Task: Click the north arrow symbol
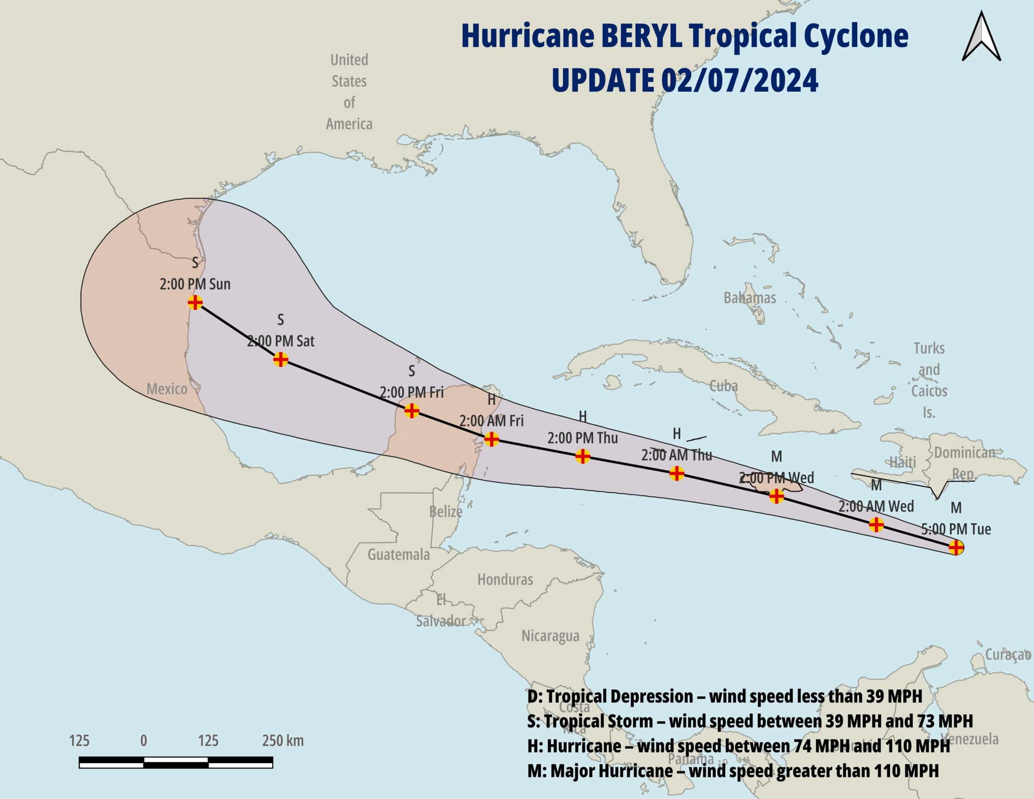[981, 37]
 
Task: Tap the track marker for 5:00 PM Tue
[956, 547]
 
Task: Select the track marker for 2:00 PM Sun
[195, 302]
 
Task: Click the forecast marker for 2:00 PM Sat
[281, 360]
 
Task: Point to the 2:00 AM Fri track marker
[492, 439]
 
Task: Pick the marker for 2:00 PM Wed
[776, 496]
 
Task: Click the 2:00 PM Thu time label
[582, 438]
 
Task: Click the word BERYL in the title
[642, 36]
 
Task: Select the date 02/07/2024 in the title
[739, 80]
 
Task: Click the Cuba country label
[723, 386]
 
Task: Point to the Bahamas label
[750, 297]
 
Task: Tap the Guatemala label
[398, 554]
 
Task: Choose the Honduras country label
[505, 579]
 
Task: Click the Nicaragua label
[550, 635]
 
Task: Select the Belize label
[446, 511]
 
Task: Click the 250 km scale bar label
[283, 740]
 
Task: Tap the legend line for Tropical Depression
[724, 696]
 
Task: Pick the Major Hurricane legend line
[732, 771]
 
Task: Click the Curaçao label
[1007, 654]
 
